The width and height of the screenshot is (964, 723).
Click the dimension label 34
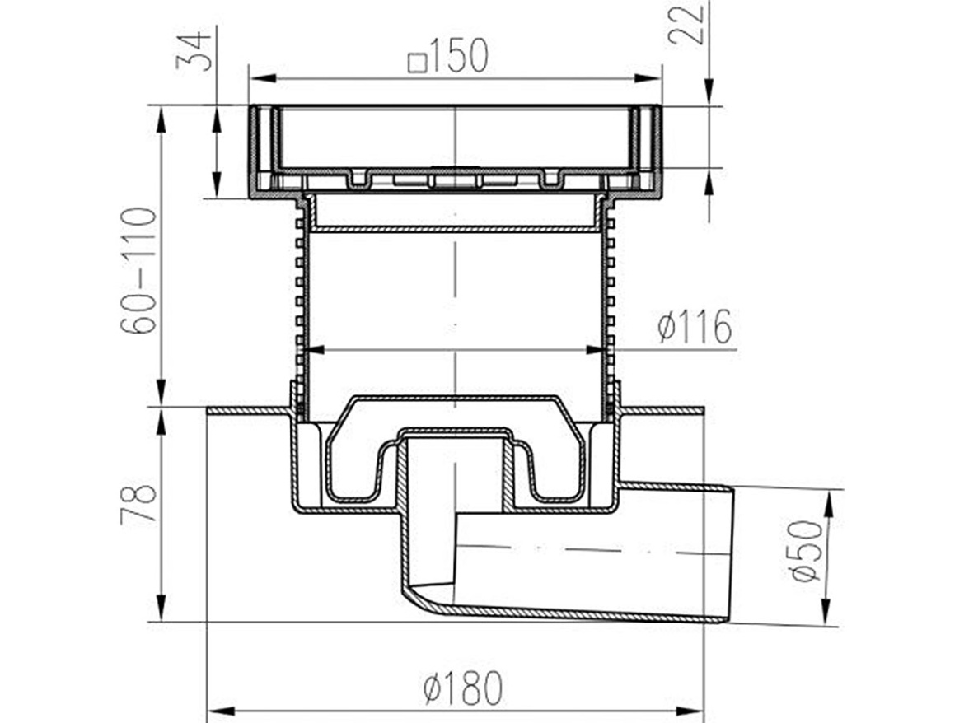pyautogui.click(x=194, y=52)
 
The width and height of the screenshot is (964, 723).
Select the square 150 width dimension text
pyautogui.click(x=449, y=55)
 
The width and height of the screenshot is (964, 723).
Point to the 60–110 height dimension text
pyautogui.click(x=139, y=271)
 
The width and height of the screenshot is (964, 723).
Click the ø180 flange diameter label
pyautogui.click(x=463, y=688)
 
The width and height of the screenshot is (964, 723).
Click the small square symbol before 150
pyautogui.click(x=419, y=63)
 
